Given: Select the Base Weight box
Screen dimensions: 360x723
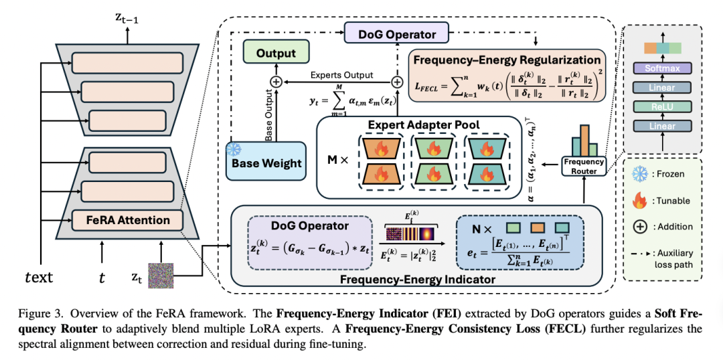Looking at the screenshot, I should [266, 163].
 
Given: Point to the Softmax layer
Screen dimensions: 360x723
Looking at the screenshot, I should [661, 68].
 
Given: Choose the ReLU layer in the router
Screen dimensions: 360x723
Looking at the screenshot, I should [661, 106].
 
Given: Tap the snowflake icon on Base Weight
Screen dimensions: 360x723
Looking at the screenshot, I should [234, 148].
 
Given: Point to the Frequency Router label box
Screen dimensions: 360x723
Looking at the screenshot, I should [583, 166].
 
